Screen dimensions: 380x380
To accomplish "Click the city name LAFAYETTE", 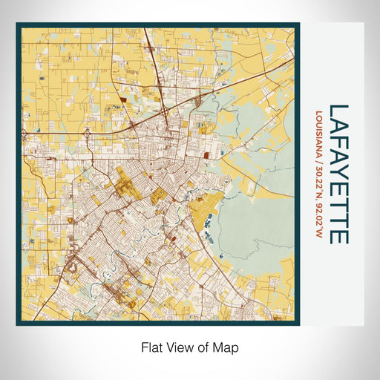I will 338,174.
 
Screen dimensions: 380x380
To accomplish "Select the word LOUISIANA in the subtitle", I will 319,133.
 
